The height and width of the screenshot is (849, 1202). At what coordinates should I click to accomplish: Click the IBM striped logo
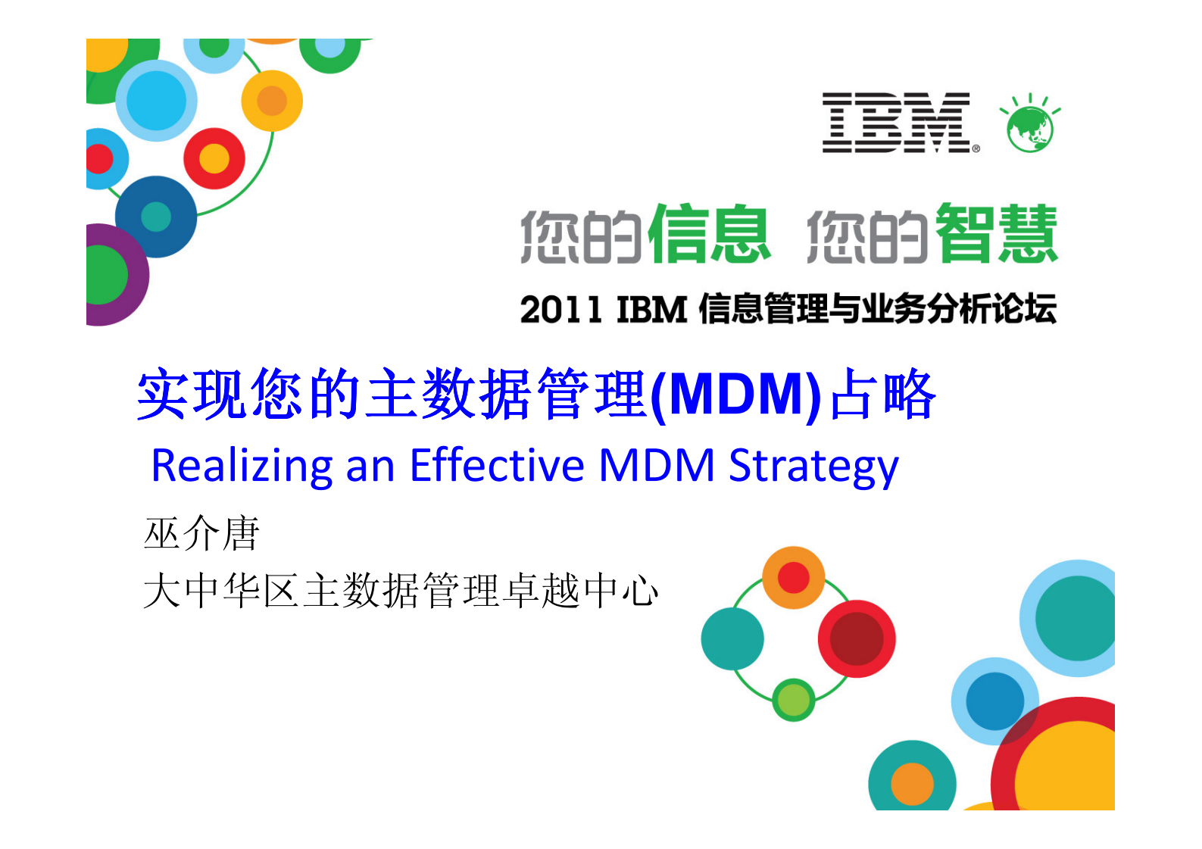896,123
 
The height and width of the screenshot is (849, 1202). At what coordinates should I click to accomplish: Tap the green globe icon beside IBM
1029,126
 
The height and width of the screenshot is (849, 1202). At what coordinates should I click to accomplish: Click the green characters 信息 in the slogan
708,235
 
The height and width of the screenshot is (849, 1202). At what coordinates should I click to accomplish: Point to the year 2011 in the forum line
560,310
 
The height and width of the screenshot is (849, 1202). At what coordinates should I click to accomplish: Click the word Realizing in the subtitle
241,466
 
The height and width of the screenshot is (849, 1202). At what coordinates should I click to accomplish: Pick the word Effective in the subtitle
497,466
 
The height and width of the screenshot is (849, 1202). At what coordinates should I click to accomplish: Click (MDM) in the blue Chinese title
735,395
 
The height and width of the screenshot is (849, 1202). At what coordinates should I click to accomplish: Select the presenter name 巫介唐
201,533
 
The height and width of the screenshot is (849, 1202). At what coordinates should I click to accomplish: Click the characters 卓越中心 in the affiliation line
580,591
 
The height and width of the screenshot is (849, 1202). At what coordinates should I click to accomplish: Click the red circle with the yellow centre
214,158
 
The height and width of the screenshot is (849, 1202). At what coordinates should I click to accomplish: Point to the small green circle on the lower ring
793,699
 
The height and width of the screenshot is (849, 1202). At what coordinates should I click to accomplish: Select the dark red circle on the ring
857,638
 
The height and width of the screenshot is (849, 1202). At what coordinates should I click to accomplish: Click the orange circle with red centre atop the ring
793,577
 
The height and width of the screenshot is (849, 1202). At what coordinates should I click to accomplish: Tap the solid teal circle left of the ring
732,638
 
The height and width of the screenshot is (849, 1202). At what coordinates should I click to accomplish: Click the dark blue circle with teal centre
156,217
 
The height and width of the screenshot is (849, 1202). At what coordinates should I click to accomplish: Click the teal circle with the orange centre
912,780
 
